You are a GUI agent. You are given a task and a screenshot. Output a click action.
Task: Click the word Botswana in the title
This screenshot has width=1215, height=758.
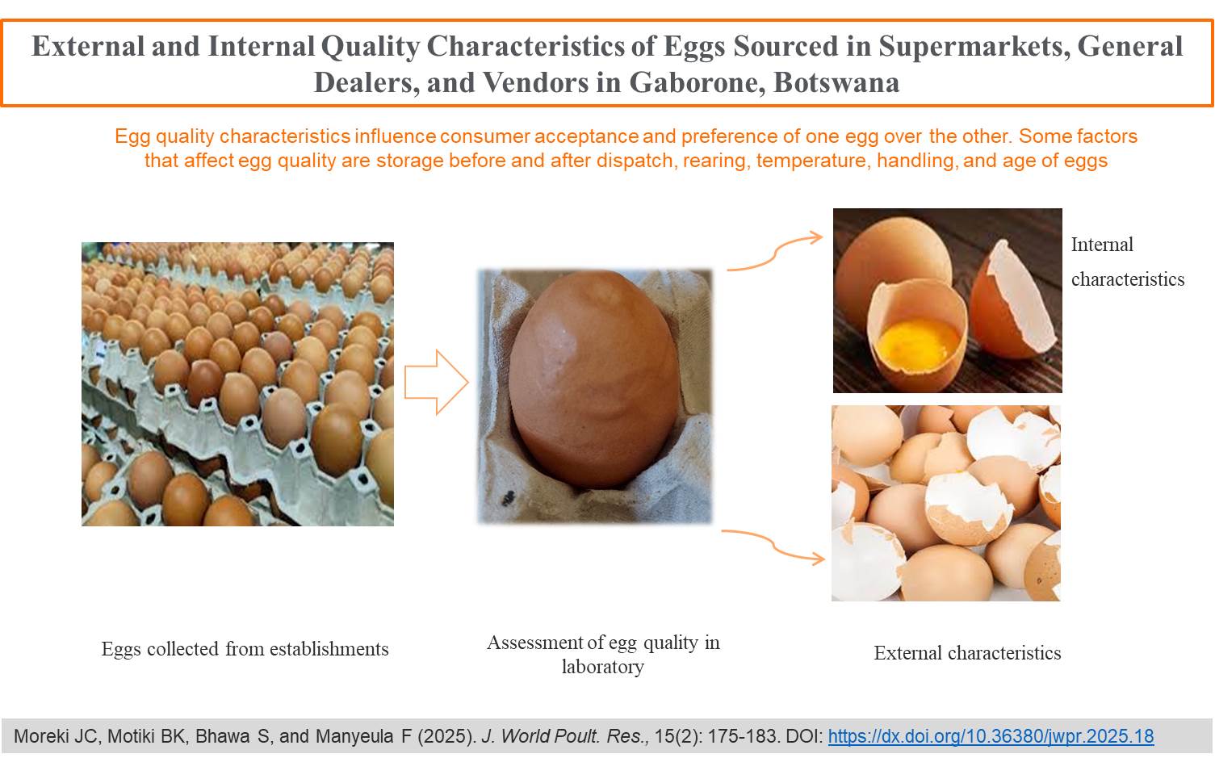click(836, 82)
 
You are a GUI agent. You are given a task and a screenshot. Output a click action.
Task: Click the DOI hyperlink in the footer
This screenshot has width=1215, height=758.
click(991, 735)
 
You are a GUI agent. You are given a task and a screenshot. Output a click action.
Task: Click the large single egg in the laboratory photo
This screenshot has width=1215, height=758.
click(594, 379)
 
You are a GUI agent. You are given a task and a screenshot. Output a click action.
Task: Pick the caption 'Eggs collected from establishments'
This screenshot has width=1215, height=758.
click(245, 649)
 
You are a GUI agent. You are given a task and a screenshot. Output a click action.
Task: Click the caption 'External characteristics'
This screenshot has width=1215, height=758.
click(967, 653)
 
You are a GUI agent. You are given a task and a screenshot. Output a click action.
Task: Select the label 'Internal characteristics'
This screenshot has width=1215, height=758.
click(1127, 262)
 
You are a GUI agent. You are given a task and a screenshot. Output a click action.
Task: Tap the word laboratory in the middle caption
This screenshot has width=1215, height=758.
click(602, 666)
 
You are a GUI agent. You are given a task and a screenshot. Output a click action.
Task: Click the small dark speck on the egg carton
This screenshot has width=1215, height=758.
click(509, 498)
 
